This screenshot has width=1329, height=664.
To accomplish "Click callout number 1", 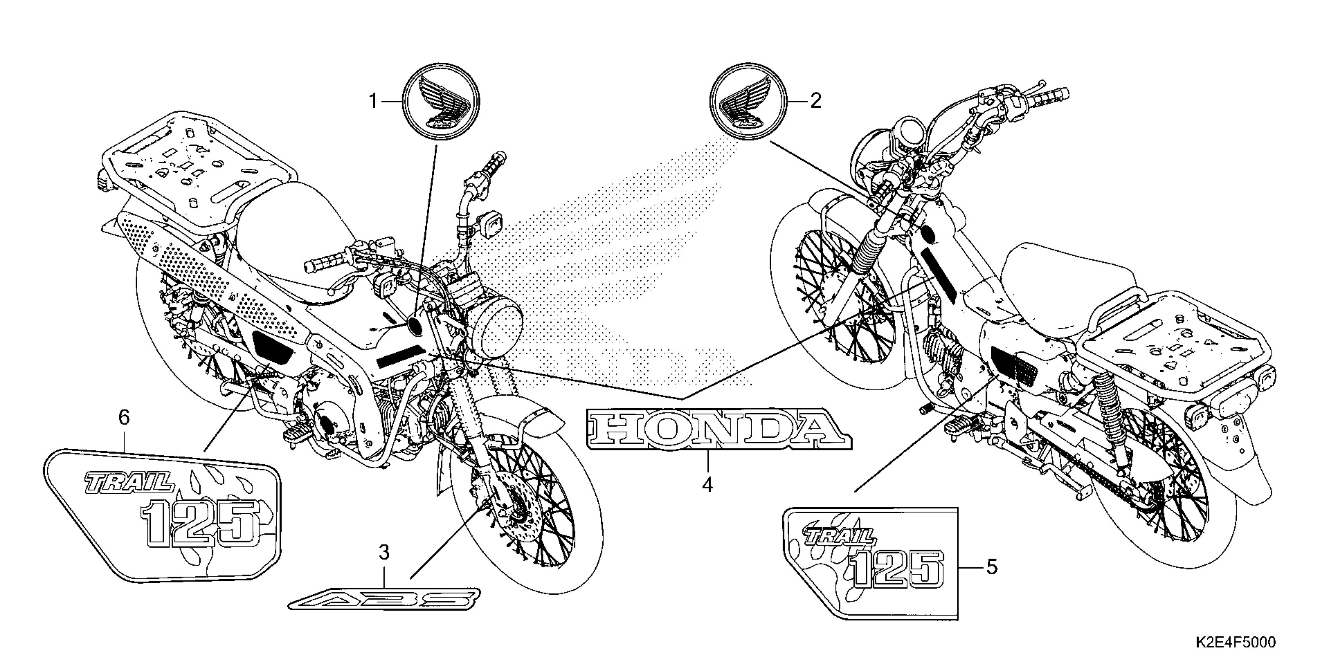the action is tap(373, 102).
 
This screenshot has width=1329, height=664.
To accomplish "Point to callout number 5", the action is tap(992, 567).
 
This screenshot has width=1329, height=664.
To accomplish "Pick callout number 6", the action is tap(124, 418).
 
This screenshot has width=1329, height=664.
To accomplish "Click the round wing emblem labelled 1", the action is tap(441, 102).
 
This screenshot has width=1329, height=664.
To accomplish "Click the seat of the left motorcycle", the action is tap(289, 227).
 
